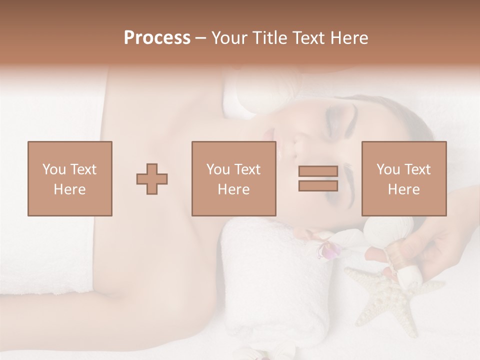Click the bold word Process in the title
(157, 38)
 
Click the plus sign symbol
(152, 179)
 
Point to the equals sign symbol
(318, 179)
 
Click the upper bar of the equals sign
(318, 171)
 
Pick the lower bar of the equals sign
(318, 186)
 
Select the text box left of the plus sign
(70, 179)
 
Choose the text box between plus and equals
(234, 179)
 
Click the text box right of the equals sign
(404, 179)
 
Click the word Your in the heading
(227, 38)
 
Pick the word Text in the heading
(306, 38)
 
